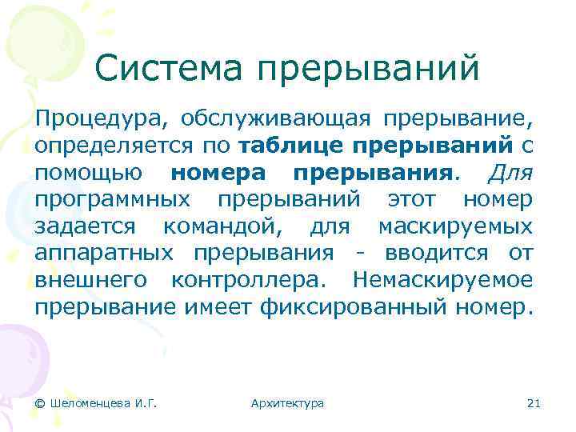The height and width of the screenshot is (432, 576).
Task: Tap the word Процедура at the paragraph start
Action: coord(99,120)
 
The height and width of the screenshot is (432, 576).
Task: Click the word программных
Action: coord(114,199)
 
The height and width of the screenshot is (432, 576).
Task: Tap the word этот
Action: coord(417,199)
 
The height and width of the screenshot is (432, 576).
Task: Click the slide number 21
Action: coord(534,403)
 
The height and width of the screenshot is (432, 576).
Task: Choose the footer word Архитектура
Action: coord(287,403)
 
